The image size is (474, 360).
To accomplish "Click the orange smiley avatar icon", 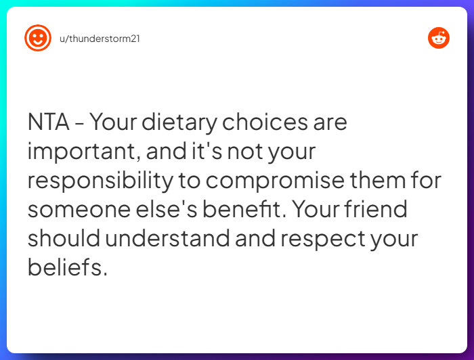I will pos(38,38).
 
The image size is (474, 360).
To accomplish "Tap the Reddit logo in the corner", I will pos(439,38).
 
